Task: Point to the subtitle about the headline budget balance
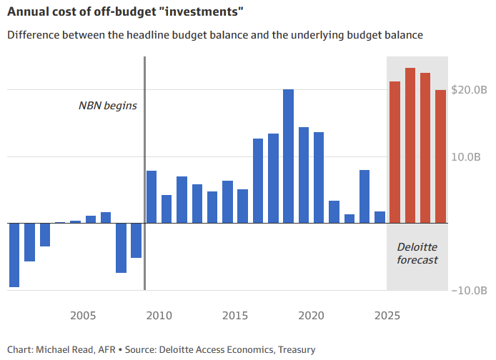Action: (215, 34)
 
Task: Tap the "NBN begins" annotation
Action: (107, 105)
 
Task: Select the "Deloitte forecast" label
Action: (417, 254)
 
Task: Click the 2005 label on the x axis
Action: (83, 315)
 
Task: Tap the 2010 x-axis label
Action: (159, 315)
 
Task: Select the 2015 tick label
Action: (235, 315)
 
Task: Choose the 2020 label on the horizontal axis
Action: (311, 315)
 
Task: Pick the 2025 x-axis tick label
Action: (387, 315)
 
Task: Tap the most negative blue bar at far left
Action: (14, 255)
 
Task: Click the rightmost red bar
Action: (440, 156)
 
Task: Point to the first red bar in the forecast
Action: (395, 152)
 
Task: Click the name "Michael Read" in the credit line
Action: (59, 349)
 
